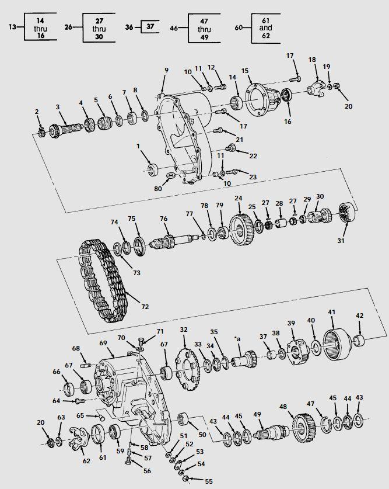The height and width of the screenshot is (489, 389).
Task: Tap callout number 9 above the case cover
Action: [x=166, y=70]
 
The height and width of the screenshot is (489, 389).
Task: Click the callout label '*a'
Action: [x=237, y=338]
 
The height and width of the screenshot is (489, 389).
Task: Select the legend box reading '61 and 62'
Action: [x=265, y=27]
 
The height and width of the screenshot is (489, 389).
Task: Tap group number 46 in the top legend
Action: [x=174, y=26]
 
